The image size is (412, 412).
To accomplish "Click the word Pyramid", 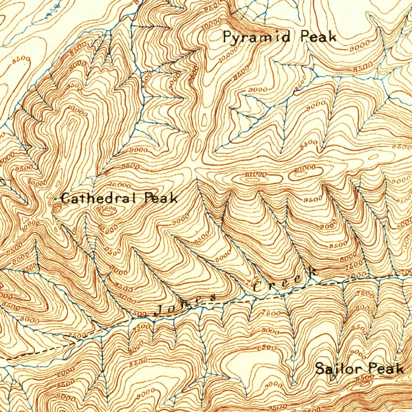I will pyautogui.click(x=257, y=37).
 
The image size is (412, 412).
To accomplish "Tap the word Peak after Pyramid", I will pyautogui.click(x=318, y=37).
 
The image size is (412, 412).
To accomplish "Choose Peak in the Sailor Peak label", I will pyautogui.click(x=386, y=369).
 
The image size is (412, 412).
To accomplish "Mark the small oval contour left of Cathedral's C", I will pyautogui.click(x=57, y=208).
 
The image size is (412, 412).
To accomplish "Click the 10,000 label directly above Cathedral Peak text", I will pyautogui.click(x=120, y=185).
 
